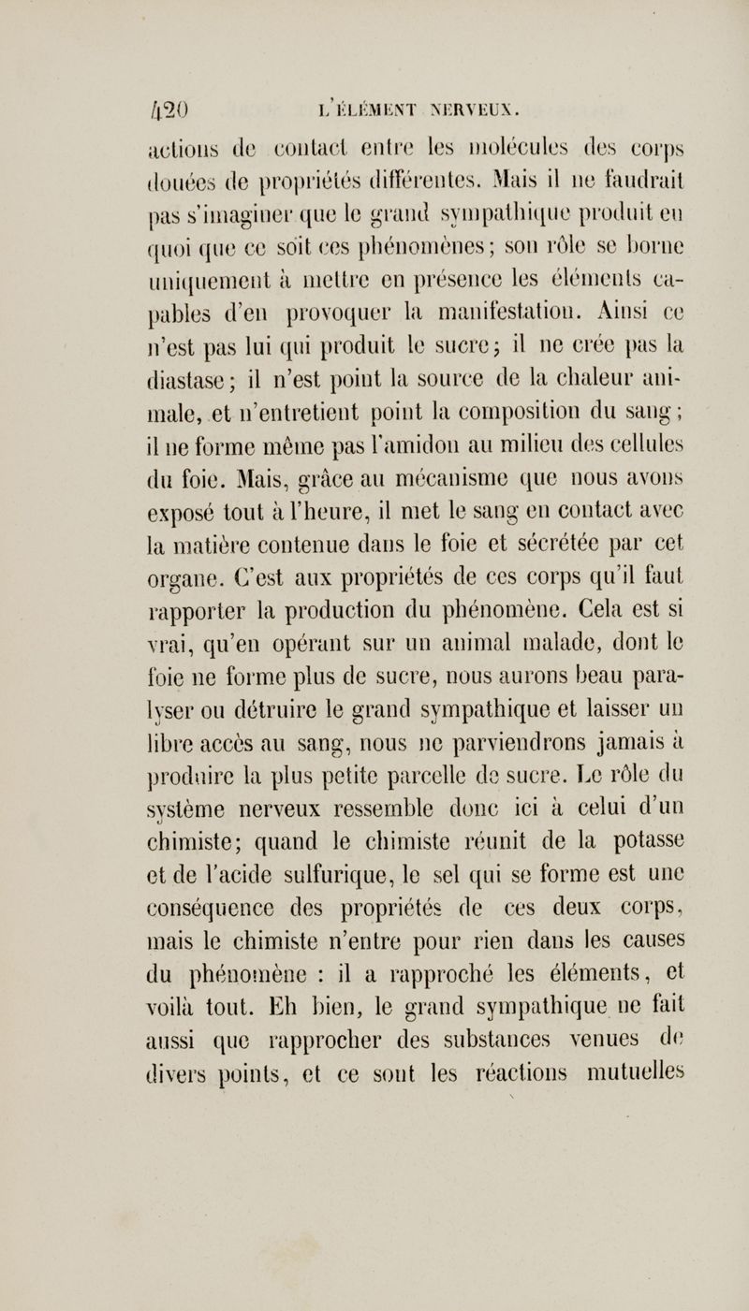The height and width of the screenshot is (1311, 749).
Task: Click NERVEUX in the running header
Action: pyautogui.click(x=419, y=100)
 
